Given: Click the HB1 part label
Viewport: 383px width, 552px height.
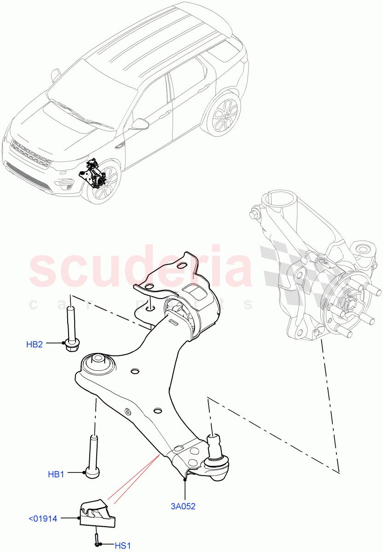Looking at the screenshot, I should point(56,474).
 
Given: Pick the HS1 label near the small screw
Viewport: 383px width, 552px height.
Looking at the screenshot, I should point(122,546).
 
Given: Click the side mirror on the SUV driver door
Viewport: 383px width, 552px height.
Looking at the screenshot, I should point(140,124).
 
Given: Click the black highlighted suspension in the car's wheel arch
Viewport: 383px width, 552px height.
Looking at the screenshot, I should point(95,175).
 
